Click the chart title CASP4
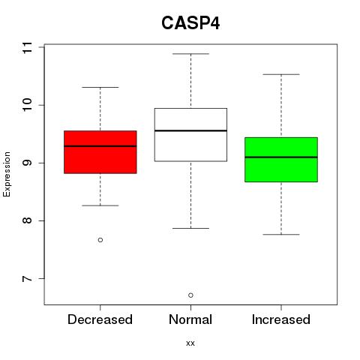point(190,23)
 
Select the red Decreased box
point(100,152)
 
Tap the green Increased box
point(281,160)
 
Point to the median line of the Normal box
point(190,130)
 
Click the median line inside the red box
point(100,146)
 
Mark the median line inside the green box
point(281,157)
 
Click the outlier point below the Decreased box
point(100,240)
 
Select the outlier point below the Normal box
point(190,295)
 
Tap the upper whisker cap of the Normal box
point(190,54)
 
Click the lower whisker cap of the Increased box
point(281,235)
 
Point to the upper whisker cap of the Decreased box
point(100,87)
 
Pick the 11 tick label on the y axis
point(27,47)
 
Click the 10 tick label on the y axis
point(27,105)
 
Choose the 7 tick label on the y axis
point(27,278)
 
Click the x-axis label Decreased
point(100,319)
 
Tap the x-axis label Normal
point(190,319)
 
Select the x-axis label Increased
point(281,319)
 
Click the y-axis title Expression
point(7,174)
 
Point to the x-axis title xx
point(190,343)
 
